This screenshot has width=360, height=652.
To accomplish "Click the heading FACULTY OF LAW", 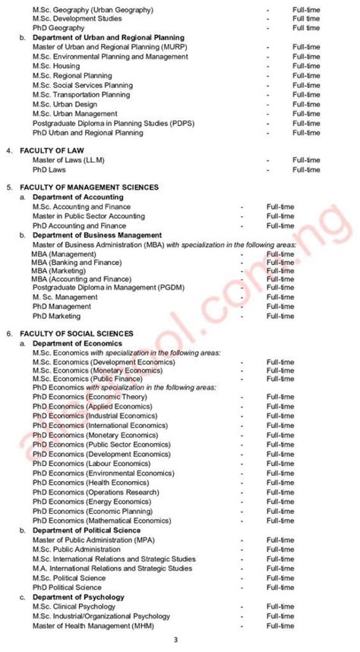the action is pos(49,150).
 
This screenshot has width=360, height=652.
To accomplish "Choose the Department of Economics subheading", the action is pos(71,343).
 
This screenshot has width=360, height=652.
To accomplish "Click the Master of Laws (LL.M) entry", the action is pos(68,160).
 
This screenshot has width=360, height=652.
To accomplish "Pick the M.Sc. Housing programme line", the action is pos(56,66).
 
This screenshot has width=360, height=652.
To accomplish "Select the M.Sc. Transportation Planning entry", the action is pos(81,95).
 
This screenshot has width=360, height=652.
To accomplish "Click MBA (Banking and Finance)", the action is pos(76,262).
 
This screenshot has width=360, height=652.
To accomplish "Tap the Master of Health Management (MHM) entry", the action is pos(90,625).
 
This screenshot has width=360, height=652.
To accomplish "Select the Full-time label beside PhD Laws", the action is pos(307,169).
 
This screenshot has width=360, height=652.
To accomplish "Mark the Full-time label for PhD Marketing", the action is pos(279,316).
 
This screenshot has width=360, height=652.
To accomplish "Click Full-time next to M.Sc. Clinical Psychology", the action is pos(279,606).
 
